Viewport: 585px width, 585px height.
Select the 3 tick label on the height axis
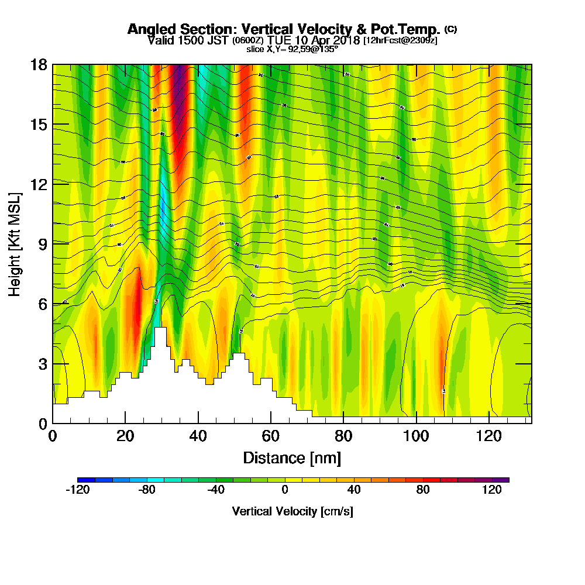tap(42, 363)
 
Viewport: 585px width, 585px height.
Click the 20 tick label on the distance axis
tap(125, 436)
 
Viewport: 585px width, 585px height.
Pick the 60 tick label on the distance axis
tap(270, 436)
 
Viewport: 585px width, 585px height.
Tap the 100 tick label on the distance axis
tap(416, 436)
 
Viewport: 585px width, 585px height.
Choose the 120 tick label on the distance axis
tap(488, 436)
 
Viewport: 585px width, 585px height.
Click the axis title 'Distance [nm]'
tap(292, 457)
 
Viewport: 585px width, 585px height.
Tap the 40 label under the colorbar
tap(353, 490)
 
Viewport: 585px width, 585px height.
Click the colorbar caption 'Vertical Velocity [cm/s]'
tap(292, 511)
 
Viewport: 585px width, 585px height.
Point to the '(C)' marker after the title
tap(450, 29)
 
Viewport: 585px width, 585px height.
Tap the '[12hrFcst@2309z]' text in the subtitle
tap(400, 40)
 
